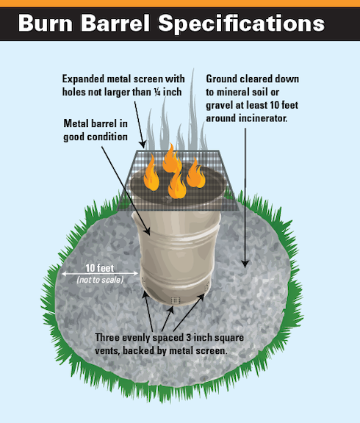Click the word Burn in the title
(46, 23)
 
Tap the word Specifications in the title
(241, 24)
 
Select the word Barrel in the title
(115, 23)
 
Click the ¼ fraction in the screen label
(158, 92)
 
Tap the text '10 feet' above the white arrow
(100, 268)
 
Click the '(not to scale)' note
(100, 280)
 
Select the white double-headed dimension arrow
(100, 273)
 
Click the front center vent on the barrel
(176, 300)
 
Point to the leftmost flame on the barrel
(151, 173)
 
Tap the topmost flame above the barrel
(172, 158)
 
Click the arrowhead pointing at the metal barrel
(147, 231)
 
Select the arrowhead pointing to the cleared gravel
(245, 264)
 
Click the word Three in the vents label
(107, 338)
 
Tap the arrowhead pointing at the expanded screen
(143, 145)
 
